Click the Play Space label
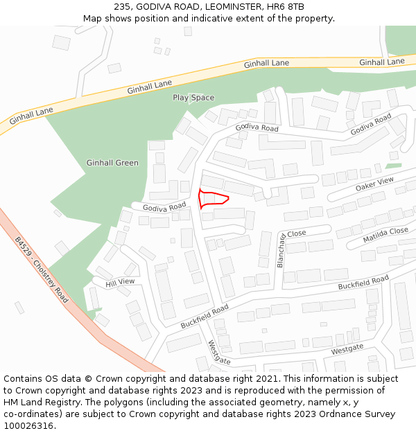click(x=193, y=98)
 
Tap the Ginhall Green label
click(x=112, y=163)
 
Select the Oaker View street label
click(x=374, y=184)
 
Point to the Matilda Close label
click(x=385, y=235)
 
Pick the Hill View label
click(x=120, y=282)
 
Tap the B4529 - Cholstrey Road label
click(x=42, y=270)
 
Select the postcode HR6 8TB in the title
click(x=288, y=7)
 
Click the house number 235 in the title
click(x=123, y=7)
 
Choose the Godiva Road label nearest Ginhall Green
click(x=164, y=207)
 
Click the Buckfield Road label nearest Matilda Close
click(x=363, y=283)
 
